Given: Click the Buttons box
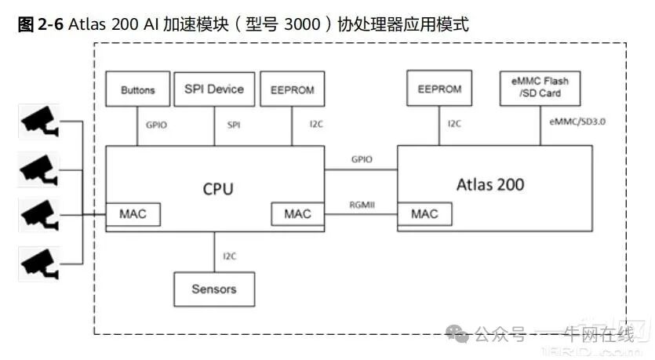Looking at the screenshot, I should (137, 89).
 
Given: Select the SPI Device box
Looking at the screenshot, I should (214, 89).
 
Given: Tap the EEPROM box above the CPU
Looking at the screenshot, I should (292, 89).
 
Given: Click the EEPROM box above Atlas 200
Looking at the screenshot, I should (439, 88).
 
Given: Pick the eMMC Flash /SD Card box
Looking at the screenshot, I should (540, 88).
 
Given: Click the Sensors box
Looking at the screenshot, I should (214, 289).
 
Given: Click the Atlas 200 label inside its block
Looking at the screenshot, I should (490, 185).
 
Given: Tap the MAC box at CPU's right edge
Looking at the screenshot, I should (297, 213).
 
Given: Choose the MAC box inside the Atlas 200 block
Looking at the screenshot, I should (424, 213).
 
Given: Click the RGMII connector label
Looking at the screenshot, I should (362, 204).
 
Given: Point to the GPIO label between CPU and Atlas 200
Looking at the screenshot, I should (362, 158).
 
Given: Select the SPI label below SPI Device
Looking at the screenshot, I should (234, 124).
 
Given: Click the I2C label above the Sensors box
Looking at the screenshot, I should (229, 256).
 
